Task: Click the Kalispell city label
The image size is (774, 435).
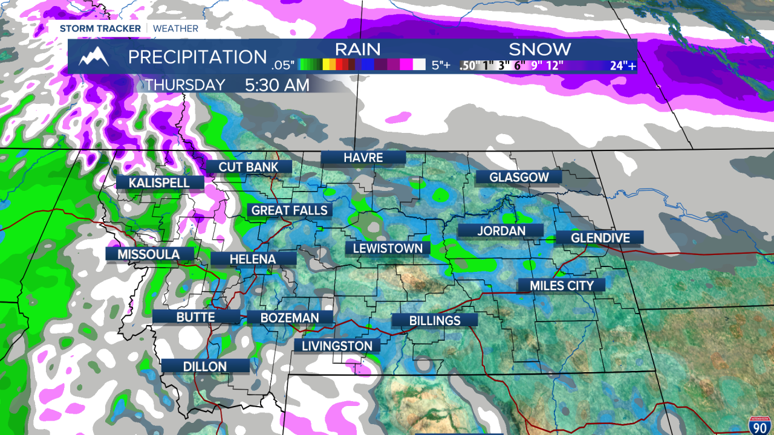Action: (158, 182)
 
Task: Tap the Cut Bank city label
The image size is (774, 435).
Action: (249, 167)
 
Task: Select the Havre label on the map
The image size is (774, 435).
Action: (363, 158)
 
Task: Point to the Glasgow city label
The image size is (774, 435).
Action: (519, 177)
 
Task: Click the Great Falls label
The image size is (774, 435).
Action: (290, 210)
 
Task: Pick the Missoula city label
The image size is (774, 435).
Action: (149, 254)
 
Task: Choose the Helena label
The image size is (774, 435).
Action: (253, 259)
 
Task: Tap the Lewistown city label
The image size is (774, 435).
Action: (388, 248)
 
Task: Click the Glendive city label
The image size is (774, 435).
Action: (600, 238)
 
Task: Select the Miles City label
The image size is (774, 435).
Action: (562, 285)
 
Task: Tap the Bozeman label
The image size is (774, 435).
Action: (290, 318)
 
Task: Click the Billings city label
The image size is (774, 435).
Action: (435, 321)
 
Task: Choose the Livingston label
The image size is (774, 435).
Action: (337, 346)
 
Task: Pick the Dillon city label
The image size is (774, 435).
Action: (205, 366)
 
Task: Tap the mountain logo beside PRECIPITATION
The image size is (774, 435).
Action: (94, 56)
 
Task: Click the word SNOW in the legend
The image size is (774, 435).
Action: (539, 49)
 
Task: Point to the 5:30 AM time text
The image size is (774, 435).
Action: (277, 85)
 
